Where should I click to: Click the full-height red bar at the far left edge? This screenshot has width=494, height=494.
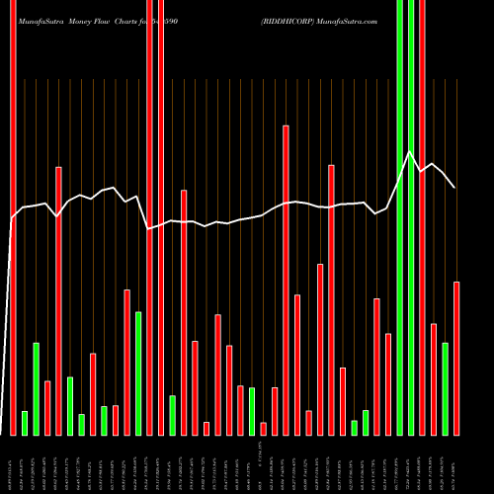(x=13, y=217)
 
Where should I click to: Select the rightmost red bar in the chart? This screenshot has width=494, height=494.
(x=456, y=358)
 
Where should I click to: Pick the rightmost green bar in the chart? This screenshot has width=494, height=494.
(x=446, y=388)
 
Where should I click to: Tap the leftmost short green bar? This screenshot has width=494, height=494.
(x=25, y=423)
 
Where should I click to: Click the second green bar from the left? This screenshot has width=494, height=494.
(x=36, y=388)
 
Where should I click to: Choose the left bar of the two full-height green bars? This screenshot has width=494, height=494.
(x=399, y=217)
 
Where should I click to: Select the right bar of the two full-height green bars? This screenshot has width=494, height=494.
(x=410, y=217)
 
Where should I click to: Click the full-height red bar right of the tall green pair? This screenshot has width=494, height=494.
(x=422, y=217)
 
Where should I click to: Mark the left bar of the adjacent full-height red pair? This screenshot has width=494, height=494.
(x=150, y=217)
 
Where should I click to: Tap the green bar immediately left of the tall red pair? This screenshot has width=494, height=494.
(x=138, y=372)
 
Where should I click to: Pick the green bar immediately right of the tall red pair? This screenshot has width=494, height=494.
(x=173, y=415)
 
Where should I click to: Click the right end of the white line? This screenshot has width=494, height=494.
(x=454, y=187)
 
